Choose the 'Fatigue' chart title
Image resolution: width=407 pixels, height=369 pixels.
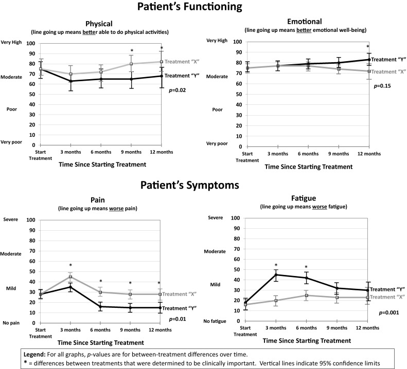coord(304,197)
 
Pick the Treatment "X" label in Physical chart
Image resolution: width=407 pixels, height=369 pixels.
coord(183,62)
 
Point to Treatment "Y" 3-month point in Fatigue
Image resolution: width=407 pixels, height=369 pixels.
coord(276,274)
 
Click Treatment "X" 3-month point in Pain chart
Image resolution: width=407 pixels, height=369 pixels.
coord(70,276)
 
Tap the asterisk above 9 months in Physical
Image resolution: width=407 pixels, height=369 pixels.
coord(132,50)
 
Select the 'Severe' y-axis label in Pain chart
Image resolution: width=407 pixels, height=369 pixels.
coord(12,219)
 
